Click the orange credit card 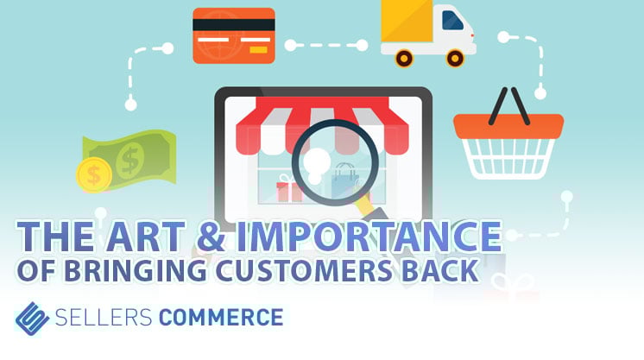point(233,35)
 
